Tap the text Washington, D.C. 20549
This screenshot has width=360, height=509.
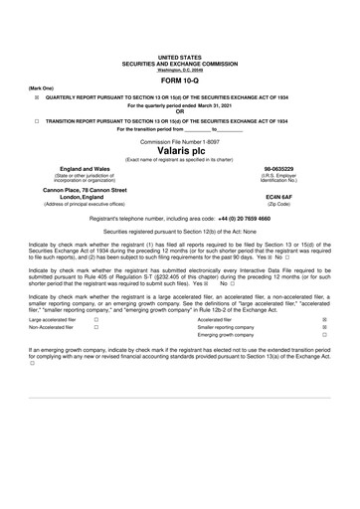(x=179, y=70)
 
